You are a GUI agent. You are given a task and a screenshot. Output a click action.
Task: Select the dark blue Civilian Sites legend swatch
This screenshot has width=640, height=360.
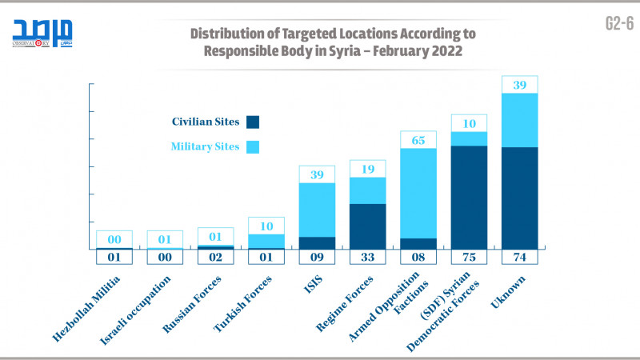[254, 122]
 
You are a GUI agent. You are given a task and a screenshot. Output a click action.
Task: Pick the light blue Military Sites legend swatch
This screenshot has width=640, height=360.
[254, 147]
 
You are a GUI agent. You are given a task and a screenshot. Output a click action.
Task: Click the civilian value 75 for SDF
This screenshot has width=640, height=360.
[470, 258]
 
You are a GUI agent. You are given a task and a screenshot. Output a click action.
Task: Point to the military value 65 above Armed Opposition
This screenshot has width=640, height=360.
[418, 140]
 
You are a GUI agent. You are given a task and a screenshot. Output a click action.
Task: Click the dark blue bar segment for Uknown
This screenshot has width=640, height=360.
[520, 198]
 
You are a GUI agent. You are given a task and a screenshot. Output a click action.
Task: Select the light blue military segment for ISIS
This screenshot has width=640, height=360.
[317, 210]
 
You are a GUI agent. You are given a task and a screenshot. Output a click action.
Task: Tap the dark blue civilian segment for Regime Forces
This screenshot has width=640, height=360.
[368, 226]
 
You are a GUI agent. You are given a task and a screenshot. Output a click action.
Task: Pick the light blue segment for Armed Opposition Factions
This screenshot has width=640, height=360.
[418, 193]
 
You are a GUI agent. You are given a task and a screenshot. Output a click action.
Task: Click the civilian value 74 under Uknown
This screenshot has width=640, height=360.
[520, 258]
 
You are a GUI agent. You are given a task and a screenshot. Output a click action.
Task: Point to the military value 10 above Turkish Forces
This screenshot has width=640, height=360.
[266, 226]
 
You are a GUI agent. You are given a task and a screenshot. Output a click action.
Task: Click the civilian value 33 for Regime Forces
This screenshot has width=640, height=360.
[368, 258]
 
